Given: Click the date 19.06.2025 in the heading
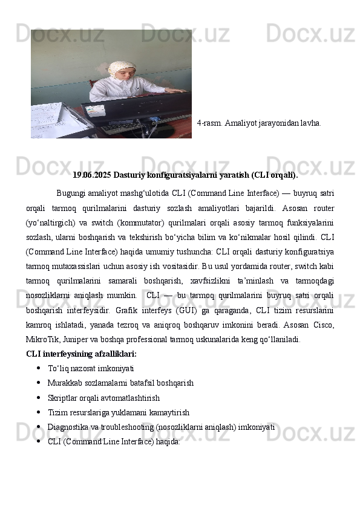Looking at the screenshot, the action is [x=91, y=175].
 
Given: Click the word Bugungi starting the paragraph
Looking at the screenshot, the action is [x=74, y=193].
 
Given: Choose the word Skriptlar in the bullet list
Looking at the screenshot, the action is [x=62, y=398].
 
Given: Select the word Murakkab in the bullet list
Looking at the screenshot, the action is [x=64, y=383].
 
